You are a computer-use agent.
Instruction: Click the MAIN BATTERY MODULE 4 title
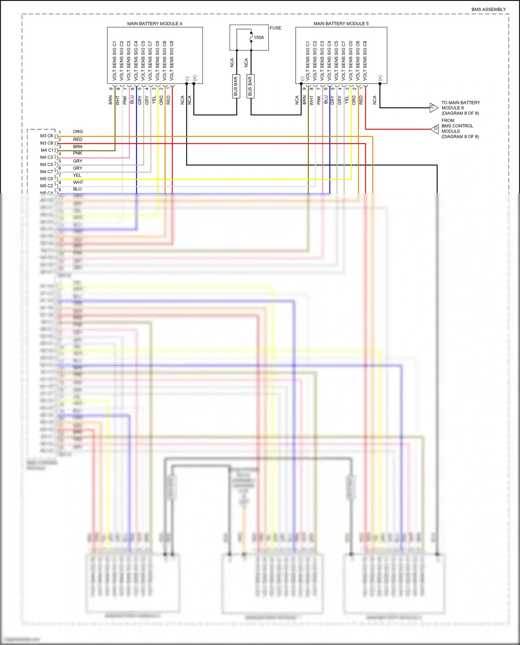(x=154, y=24)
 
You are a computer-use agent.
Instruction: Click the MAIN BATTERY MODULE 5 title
(x=341, y=24)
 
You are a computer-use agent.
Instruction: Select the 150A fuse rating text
(x=259, y=37)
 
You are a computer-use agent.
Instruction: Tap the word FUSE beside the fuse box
(x=275, y=28)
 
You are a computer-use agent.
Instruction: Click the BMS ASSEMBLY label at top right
(x=488, y=9)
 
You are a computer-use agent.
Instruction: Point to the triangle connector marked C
(x=433, y=107)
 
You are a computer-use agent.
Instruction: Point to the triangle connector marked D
(x=435, y=129)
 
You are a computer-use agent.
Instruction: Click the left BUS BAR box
(x=236, y=86)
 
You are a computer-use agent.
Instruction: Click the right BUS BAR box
(x=250, y=86)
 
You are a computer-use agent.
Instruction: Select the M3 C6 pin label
(x=46, y=136)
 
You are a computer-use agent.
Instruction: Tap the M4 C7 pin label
(x=46, y=172)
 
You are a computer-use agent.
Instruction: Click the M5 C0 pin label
(x=46, y=179)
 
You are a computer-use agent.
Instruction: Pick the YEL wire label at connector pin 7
(x=77, y=175)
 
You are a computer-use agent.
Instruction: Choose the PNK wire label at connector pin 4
(x=77, y=153)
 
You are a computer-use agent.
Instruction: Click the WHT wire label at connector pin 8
(x=78, y=182)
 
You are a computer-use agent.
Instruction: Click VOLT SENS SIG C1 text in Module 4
(x=114, y=61)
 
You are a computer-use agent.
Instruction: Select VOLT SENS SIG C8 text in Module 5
(x=365, y=61)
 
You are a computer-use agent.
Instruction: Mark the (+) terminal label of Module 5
(x=380, y=78)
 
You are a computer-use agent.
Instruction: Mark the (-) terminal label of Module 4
(x=187, y=79)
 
